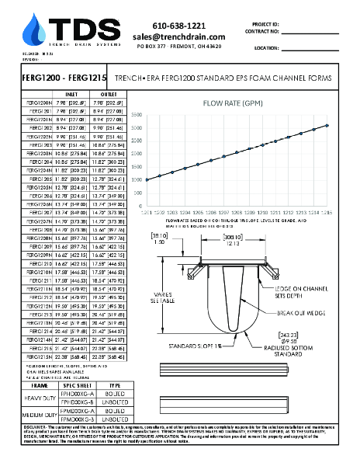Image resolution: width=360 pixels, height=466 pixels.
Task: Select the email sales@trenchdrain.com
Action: pyautogui.click(x=178, y=37)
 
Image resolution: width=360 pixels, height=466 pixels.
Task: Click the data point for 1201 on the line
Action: pyautogui.click(x=145, y=180)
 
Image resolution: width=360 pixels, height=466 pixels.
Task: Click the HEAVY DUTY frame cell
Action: pyautogui.click(x=39, y=398)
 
